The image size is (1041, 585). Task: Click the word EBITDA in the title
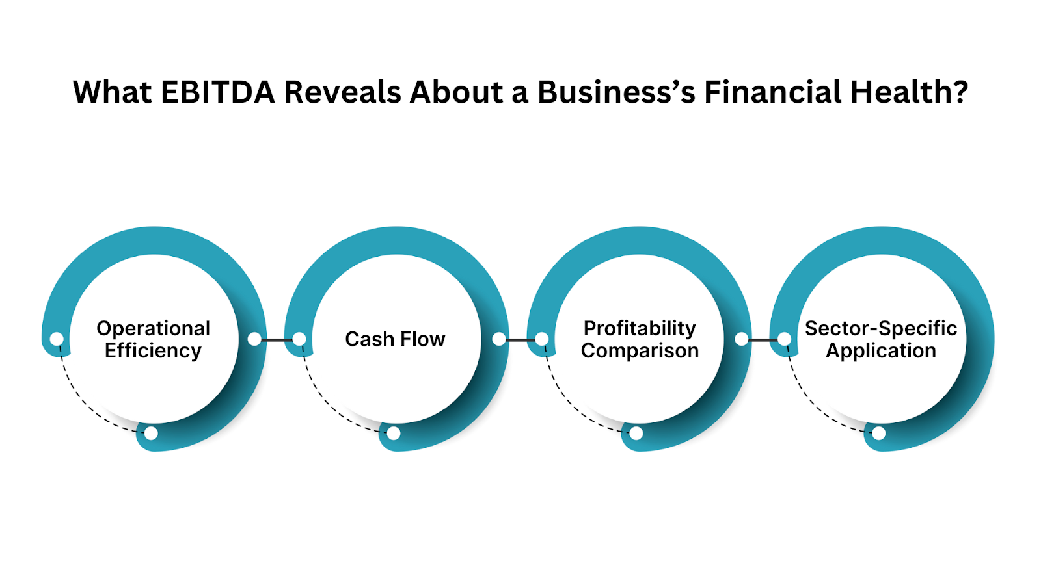click(217, 92)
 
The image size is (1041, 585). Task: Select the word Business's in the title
click(616, 92)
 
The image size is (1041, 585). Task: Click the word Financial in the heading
click(772, 92)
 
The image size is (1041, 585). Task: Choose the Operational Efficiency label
click(154, 339)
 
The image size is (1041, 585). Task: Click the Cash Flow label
click(395, 339)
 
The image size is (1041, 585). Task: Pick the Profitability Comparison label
click(640, 339)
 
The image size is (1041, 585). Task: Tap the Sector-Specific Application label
click(881, 339)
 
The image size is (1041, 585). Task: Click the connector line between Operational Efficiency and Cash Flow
click(277, 339)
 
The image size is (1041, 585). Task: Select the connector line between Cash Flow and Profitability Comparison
click(520, 339)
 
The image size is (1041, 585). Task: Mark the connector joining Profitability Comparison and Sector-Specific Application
click(763, 339)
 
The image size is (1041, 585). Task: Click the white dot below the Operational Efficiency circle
click(151, 433)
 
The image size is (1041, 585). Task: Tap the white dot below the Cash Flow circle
click(394, 433)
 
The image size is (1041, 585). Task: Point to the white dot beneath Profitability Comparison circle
click(636, 433)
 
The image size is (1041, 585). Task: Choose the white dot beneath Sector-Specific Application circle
click(879, 433)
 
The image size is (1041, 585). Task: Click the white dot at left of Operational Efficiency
click(57, 339)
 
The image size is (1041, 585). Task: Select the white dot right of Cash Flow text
click(499, 339)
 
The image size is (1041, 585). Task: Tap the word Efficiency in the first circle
click(154, 351)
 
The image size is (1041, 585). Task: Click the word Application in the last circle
click(881, 351)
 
